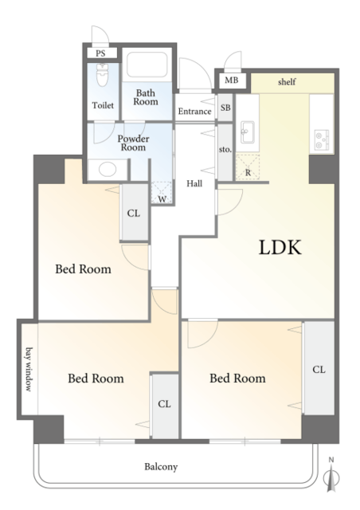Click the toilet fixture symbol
102,75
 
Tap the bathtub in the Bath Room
147,65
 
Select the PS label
101,53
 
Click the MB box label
232,80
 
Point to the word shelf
287,81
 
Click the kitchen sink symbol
248,131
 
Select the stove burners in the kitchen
322,139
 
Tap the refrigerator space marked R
248,167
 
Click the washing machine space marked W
162,193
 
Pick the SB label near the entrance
225,108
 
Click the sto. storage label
225,150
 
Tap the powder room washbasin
108,170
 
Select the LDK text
280,247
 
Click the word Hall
194,184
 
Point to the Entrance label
195,112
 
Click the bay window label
29,370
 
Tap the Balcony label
161,467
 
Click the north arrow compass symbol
331,475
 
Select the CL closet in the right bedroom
319,370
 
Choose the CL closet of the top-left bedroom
134,213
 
